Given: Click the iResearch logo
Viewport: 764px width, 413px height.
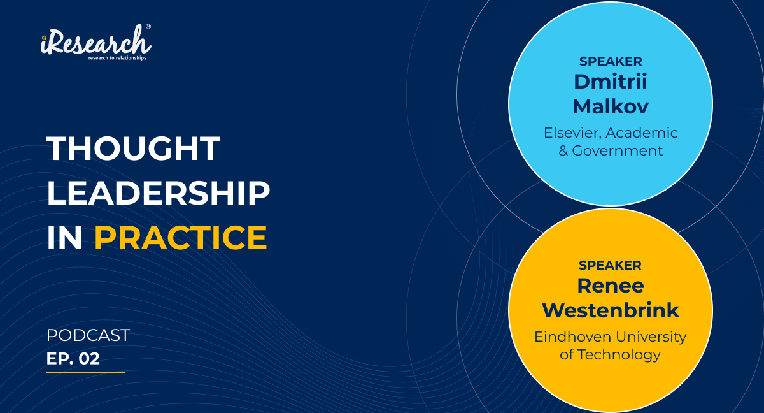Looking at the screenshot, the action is (96, 42).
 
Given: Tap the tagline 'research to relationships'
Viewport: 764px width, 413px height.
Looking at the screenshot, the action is (117, 58).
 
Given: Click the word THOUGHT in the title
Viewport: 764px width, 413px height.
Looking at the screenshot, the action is (133, 148).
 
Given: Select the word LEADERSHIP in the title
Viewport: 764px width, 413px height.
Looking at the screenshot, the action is (158, 193).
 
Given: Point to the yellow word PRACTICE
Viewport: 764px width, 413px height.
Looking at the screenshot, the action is (180, 238).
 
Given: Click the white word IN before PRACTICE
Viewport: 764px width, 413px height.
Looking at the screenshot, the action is (64, 238).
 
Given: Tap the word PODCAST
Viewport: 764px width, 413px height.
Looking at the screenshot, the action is (88, 335).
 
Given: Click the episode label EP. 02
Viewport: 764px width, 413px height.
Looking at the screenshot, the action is (73, 358).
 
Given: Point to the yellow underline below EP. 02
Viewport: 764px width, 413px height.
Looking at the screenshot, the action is (85, 372).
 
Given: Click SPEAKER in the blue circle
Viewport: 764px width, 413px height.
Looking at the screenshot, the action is (611, 61).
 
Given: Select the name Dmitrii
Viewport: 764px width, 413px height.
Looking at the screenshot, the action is (611, 82).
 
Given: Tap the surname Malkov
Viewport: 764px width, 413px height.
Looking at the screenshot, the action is (611, 106).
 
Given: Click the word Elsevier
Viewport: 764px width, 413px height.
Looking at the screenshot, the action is (572, 133).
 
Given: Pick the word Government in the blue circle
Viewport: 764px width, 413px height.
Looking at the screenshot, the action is (617, 151).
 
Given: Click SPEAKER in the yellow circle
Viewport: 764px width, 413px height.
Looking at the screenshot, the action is (610, 265).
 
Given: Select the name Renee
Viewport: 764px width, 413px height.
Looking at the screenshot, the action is (611, 286).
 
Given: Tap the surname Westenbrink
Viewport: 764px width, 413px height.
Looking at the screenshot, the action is (611, 310).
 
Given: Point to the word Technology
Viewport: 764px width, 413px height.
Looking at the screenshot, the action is (619, 355).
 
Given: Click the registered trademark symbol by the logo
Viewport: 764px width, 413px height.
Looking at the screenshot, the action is (148, 27).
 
